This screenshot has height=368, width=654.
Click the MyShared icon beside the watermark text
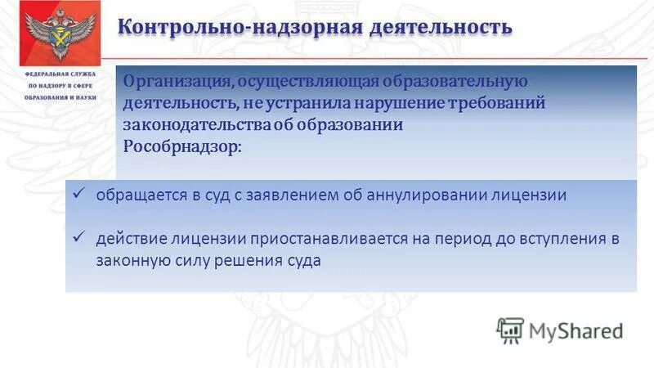[510, 330]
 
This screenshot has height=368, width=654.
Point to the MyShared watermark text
[576, 331]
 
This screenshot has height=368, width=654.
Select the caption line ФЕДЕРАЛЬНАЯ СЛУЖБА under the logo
[60, 74]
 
